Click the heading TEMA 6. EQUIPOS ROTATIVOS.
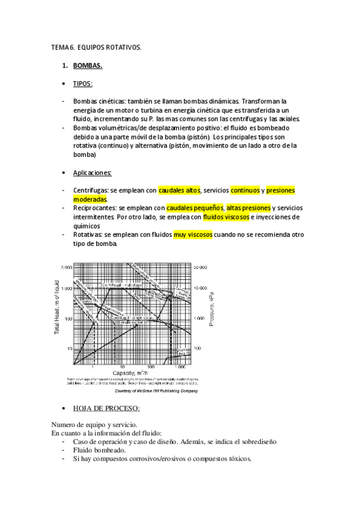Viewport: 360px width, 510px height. click(97, 47)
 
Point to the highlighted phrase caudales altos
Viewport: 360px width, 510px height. click(179, 191)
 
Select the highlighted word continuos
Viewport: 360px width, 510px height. click(245, 191)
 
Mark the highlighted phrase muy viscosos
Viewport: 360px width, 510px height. click(193, 235)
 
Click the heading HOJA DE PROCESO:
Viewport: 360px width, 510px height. click(106, 409)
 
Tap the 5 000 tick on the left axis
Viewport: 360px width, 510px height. click(66, 266)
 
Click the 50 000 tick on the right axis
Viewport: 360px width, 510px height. click(200, 266)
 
